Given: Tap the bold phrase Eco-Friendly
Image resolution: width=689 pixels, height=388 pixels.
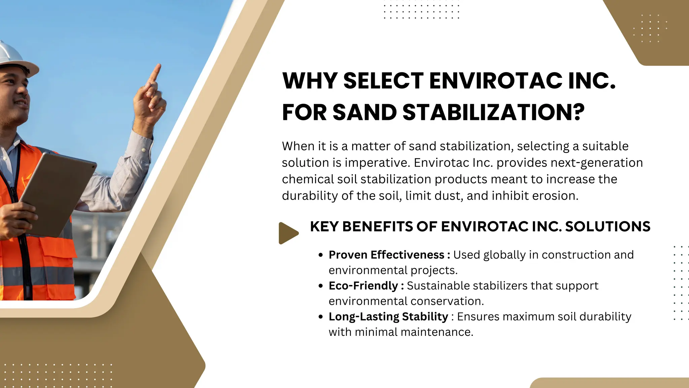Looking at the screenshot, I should [363, 286].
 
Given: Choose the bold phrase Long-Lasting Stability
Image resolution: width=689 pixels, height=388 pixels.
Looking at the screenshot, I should [388, 317].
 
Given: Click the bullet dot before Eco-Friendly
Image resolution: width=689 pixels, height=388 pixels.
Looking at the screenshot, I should [321, 286].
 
